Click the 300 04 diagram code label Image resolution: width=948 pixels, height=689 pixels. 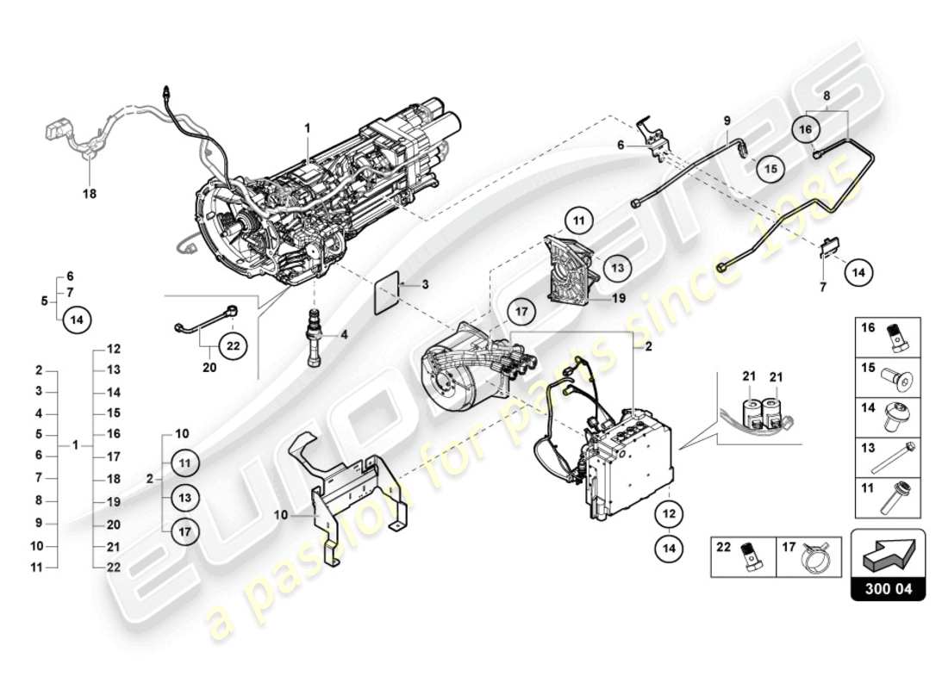tap(888, 590)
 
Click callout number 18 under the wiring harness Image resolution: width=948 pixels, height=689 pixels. tap(90, 194)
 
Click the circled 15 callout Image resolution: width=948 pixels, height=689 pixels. tap(771, 169)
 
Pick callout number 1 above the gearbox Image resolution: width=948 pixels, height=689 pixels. tap(306, 127)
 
